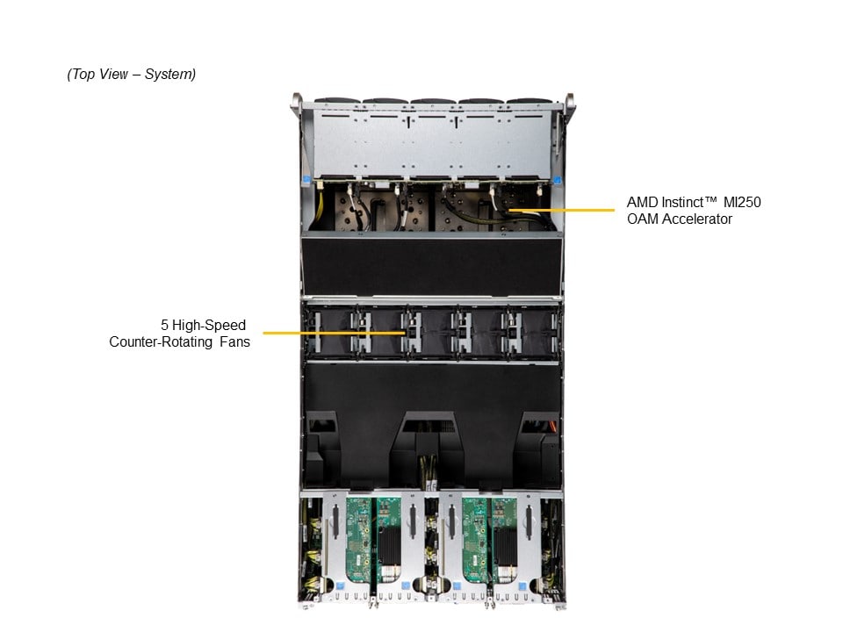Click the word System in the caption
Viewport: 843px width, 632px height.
[x=169, y=75]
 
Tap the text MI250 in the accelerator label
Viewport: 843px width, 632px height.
[x=742, y=202]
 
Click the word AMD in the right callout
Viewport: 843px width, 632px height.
[x=641, y=202]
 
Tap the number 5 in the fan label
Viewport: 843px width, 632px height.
[x=165, y=326]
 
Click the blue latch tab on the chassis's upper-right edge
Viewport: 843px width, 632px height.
[x=557, y=180]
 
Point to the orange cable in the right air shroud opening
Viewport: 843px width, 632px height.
[x=551, y=429]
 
